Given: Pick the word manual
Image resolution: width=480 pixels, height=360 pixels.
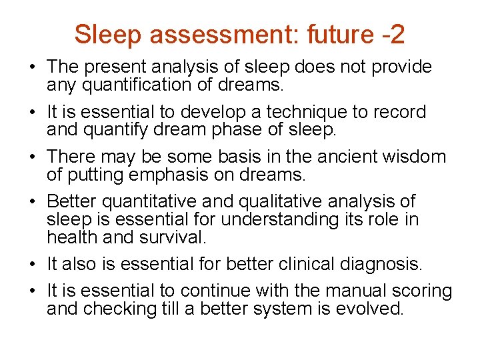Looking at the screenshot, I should pos(340,291).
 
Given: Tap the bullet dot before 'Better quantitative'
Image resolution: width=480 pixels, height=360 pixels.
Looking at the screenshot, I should pos(32,202).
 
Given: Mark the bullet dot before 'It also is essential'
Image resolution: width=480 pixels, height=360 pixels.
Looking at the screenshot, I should pos(32,265).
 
